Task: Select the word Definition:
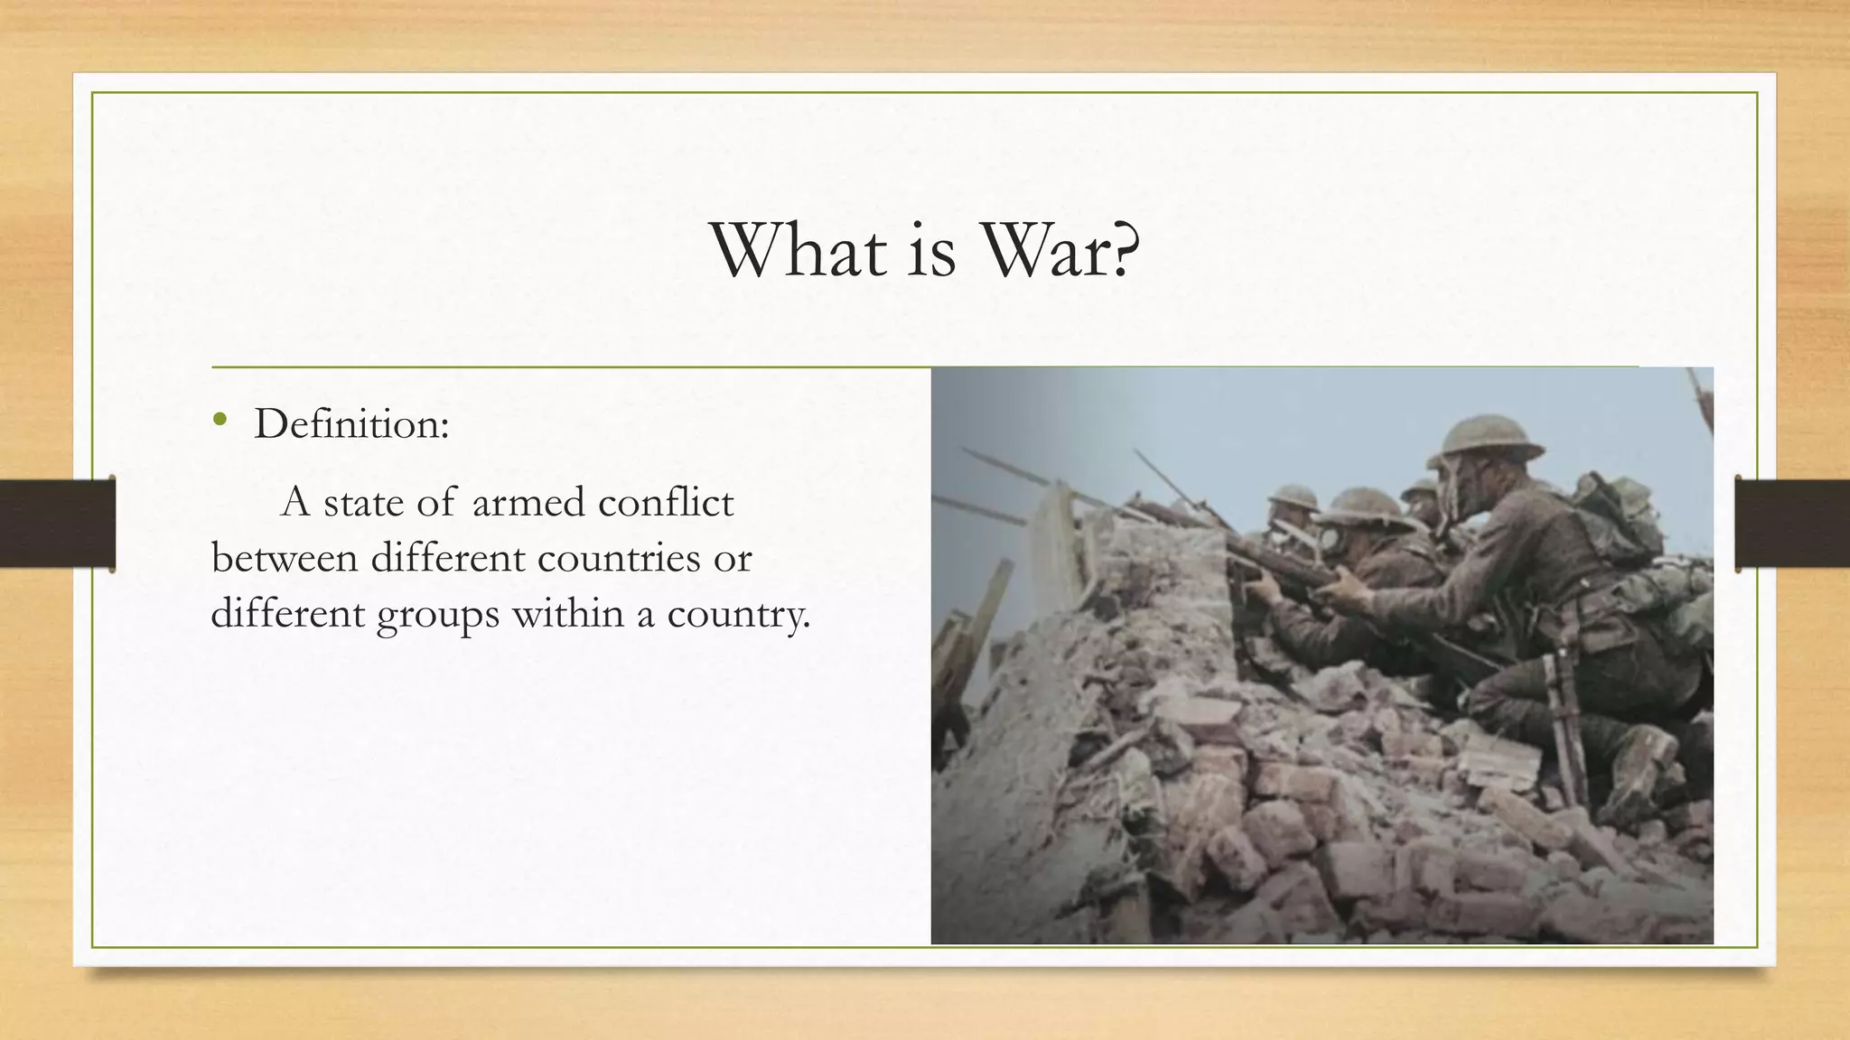[351, 423]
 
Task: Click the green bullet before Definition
[220, 420]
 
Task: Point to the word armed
[528, 502]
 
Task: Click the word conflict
[667, 502]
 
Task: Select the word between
[285, 558]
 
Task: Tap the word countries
[619, 558]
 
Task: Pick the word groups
[437, 616]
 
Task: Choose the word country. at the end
[738, 616]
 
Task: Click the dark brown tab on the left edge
[57, 524]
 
